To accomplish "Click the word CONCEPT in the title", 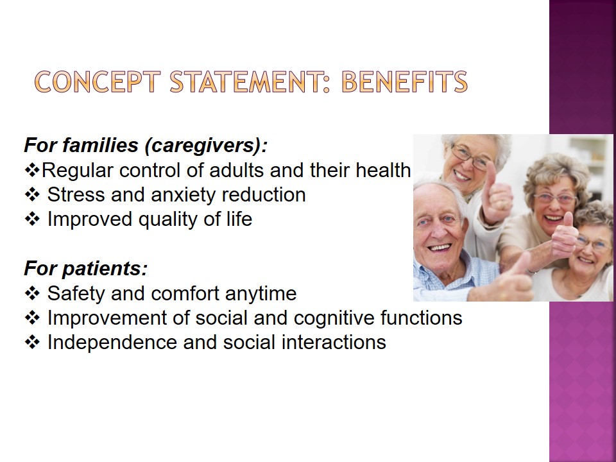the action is tap(98, 81).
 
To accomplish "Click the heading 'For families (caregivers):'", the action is tap(146, 145).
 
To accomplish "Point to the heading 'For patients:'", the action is tap(85, 268).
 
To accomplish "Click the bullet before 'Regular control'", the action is tap(32, 170).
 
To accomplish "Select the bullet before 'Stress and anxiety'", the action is tap(32, 194).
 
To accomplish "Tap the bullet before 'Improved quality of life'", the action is tap(32, 219).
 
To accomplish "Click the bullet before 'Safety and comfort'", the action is tap(32, 293).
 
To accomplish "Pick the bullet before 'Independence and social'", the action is tap(32, 342).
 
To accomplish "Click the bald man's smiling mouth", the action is tap(439, 248).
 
